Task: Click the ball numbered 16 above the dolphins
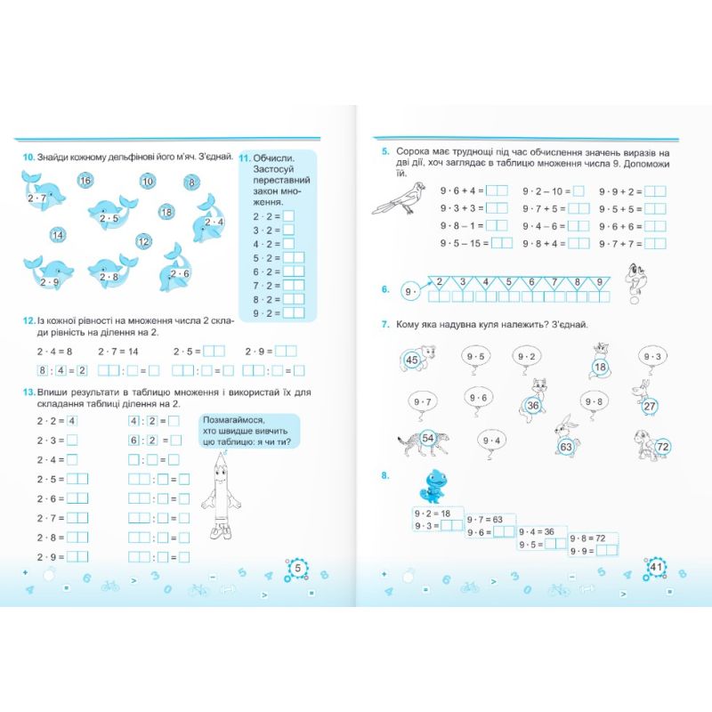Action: click(85, 181)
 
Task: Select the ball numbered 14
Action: click(58, 235)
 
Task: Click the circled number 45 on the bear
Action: click(412, 360)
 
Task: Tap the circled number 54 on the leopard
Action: click(428, 437)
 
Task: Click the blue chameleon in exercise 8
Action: click(436, 486)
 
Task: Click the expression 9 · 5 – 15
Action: click(464, 243)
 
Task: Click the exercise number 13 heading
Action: click(28, 392)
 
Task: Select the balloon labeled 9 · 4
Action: click(491, 441)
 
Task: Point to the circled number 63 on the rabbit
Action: click(565, 447)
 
